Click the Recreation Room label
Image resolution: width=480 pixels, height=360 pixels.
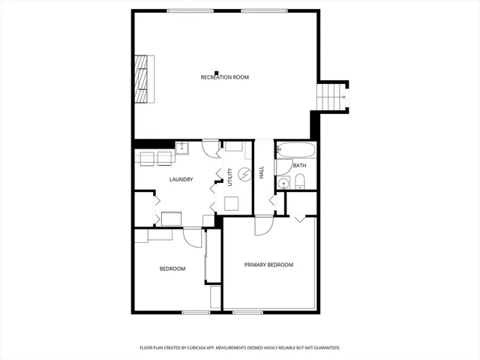point(224,77)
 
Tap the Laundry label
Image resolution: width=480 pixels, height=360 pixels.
point(181,179)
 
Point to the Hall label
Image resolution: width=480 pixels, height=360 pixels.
point(262,172)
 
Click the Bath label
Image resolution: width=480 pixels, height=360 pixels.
point(299,166)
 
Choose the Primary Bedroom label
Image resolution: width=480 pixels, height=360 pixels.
point(268,265)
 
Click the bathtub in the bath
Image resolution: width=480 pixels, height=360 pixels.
point(296,150)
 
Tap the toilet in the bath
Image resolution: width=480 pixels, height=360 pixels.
point(299,180)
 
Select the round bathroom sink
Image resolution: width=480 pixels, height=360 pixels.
point(283,183)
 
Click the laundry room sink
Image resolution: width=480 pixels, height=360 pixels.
point(181,146)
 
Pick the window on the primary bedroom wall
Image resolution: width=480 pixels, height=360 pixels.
point(246,312)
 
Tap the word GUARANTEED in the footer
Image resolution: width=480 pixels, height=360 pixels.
point(325,348)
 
